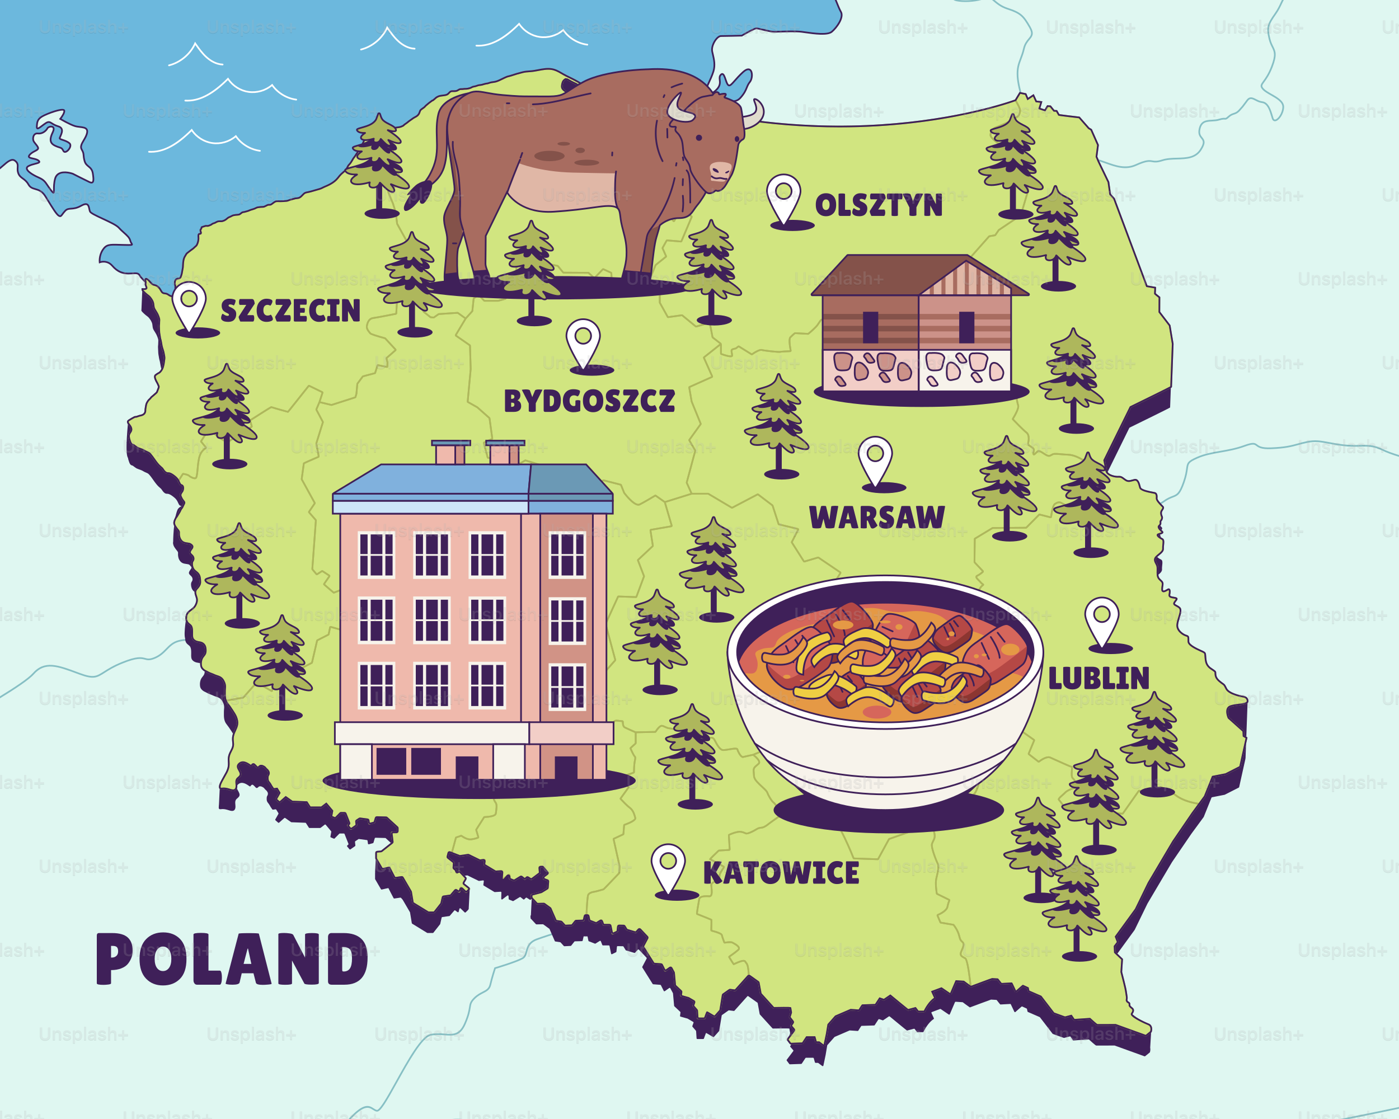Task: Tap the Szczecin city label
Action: (x=290, y=311)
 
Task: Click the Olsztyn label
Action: (x=878, y=206)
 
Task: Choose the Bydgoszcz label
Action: (x=589, y=401)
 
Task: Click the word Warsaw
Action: (x=877, y=517)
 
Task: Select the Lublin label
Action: (x=1098, y=679)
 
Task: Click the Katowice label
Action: (x=781, y=873)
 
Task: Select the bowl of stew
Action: (x=884, y=688)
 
